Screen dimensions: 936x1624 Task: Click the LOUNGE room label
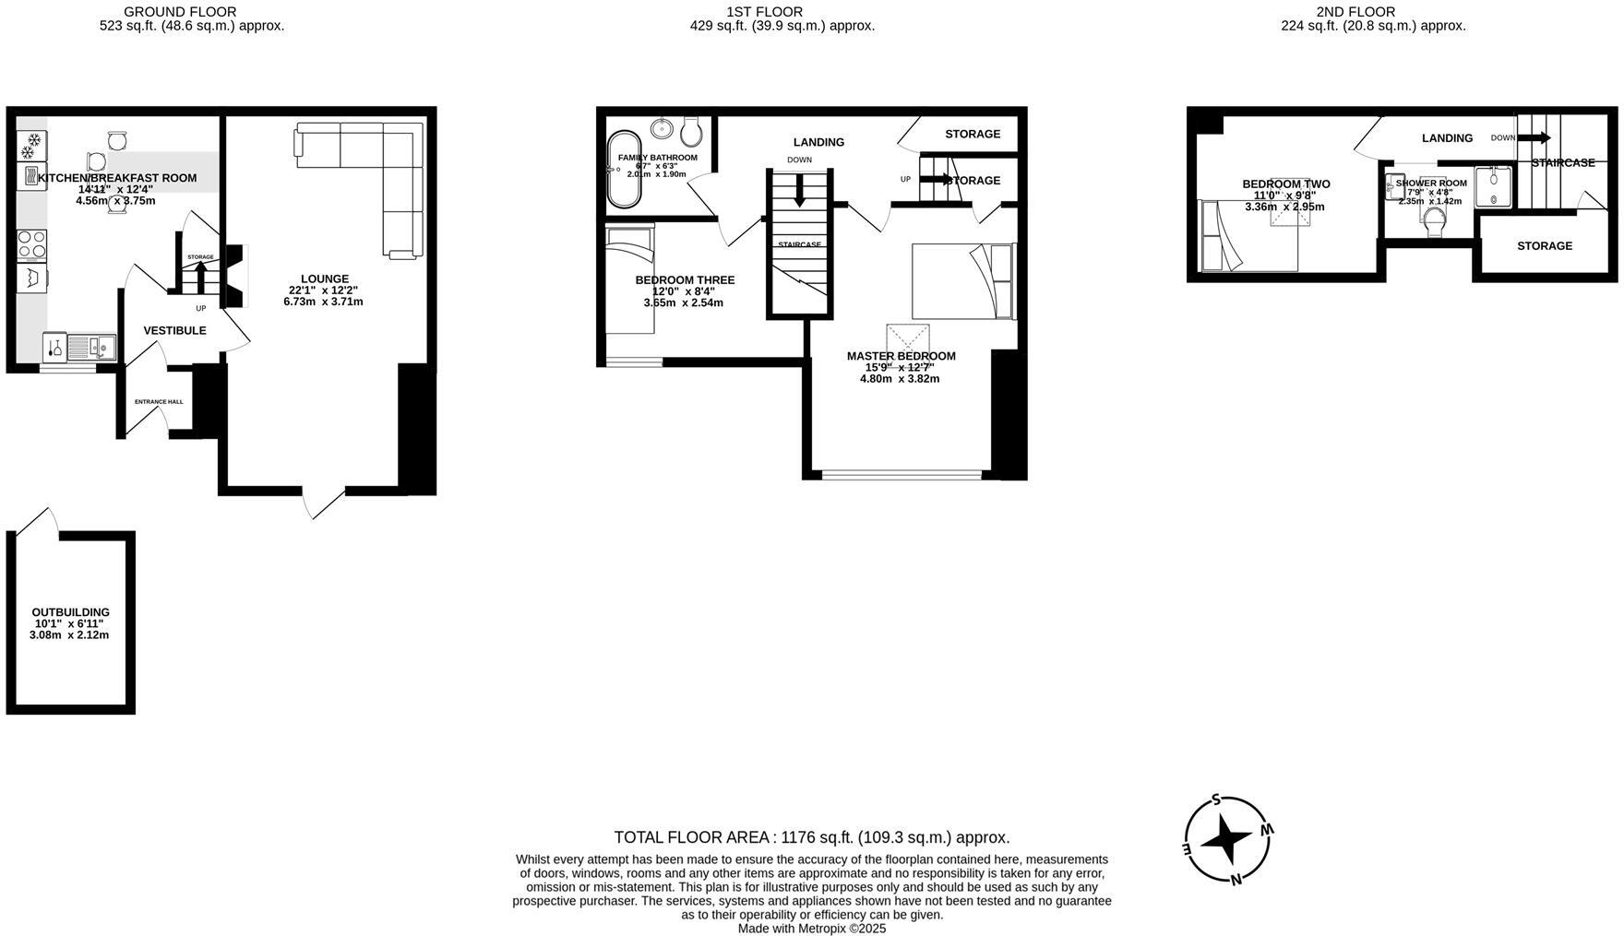tap(324, 278)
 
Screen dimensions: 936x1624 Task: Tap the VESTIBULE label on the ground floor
tap(174, 330)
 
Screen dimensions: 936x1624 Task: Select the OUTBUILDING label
tap(70, 612)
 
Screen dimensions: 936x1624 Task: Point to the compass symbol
tap(1228, 839)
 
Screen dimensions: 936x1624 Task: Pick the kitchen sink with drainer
tap(91, 347)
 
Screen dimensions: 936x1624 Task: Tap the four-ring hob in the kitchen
tap(32, 243)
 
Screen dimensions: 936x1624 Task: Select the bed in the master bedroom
tap(962, 280)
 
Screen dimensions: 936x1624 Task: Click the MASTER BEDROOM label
tap(901, 356)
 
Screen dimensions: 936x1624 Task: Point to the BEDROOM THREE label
tap(685, 280)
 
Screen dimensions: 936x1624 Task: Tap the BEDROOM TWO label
tap(1285, 184)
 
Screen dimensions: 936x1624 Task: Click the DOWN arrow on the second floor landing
tap(1533, 138)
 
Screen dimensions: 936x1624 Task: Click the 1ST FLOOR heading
tap(764, 12)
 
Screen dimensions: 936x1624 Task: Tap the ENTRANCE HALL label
tap(159, 402)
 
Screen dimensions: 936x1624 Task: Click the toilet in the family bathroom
tap(692, 133)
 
